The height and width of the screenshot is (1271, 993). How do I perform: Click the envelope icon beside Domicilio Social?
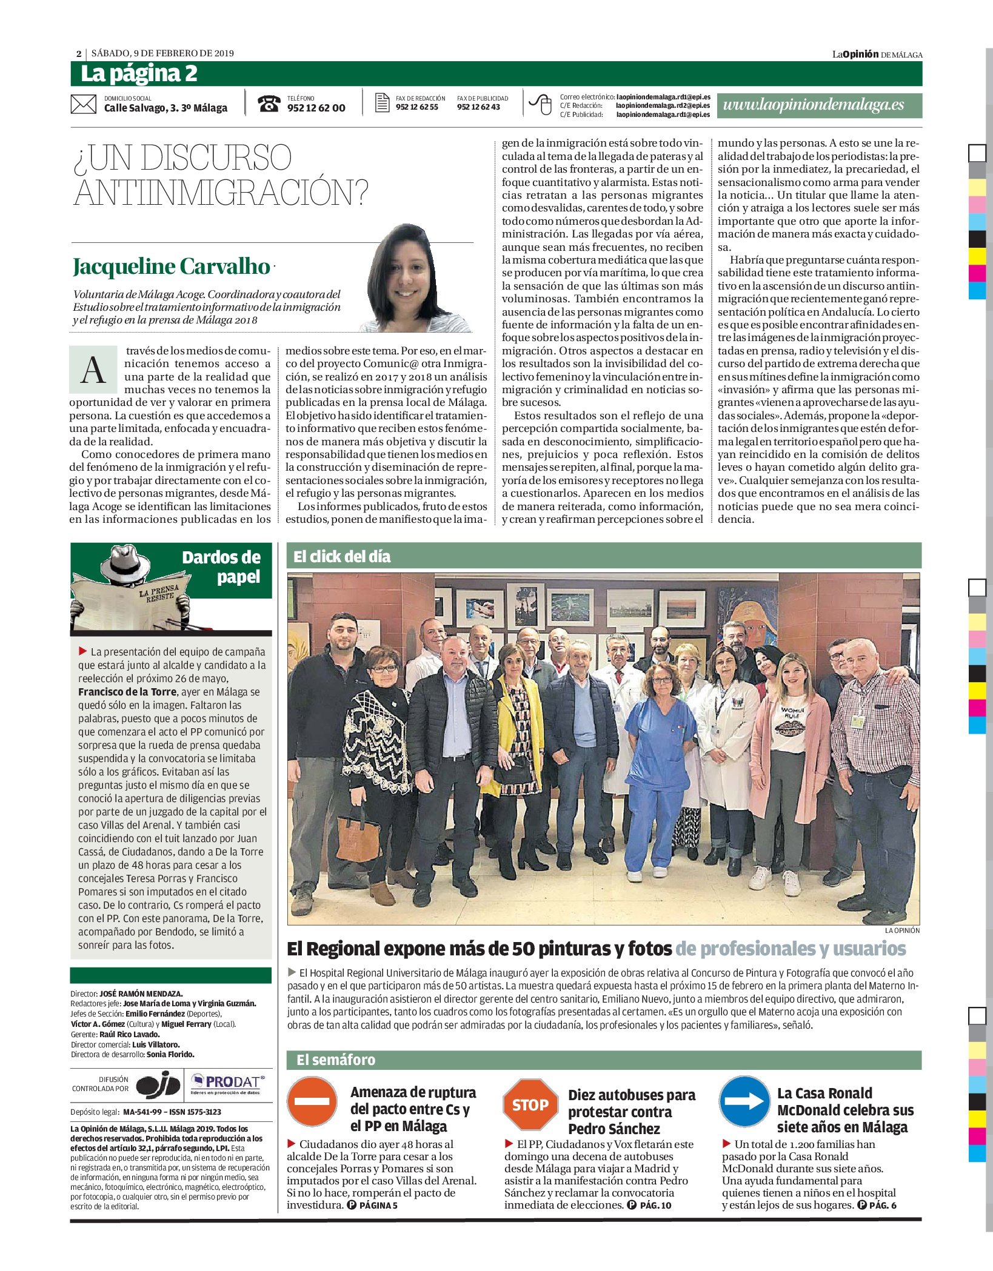tap(83, 104)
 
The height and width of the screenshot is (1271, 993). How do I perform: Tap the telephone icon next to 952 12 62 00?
tap(269, 104)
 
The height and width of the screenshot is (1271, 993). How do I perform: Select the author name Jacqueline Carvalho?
tap(172, 267)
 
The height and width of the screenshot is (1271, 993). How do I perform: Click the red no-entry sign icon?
tap(312, 1101)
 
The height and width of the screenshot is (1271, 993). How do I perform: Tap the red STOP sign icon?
tap(530, 1104)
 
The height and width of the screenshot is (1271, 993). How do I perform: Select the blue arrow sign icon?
tap(744, 1101)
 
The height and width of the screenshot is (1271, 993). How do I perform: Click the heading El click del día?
tap(343, 557)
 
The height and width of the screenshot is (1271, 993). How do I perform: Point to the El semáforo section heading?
tap(336, 1060)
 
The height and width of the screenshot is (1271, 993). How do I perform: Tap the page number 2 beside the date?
tap(79, 54)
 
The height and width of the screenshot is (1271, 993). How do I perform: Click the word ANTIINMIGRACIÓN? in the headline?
tap(221, 193)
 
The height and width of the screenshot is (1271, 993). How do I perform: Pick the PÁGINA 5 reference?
tap(378, 1205)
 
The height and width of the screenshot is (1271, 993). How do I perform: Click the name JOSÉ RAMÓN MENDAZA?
tap(141, 994)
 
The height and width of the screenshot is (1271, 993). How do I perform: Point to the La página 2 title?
tap(139, 74)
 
